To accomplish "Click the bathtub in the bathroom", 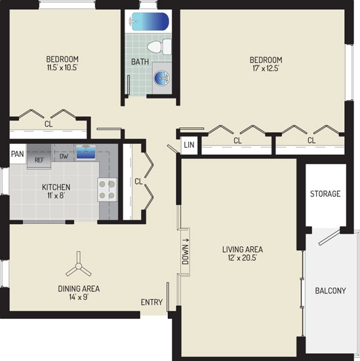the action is pos(150,22).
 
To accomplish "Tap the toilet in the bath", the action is pos(159,47).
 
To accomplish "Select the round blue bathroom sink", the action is pos(161,78).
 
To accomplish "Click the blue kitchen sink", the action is pos(86,152).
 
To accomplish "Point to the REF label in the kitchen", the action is pos(39,160).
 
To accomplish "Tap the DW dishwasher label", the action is pos(64,156).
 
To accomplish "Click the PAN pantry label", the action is pos(18,154).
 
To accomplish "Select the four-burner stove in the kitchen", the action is pos(107,190).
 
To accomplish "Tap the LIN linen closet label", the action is pos(189,145).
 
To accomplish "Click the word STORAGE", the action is pos(325,194).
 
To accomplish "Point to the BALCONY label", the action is pos(330,291).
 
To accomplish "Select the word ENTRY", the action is pos(152,302).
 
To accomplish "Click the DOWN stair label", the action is pos(185,251).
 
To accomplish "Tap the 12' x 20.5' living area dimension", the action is pos(243,258).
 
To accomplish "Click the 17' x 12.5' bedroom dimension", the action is pos(266,68).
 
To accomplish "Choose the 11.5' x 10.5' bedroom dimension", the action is pos(62,68).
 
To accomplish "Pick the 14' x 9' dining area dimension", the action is pos(79,297).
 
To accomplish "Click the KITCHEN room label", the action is pos(56,187).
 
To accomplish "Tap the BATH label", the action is pos(140,62).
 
